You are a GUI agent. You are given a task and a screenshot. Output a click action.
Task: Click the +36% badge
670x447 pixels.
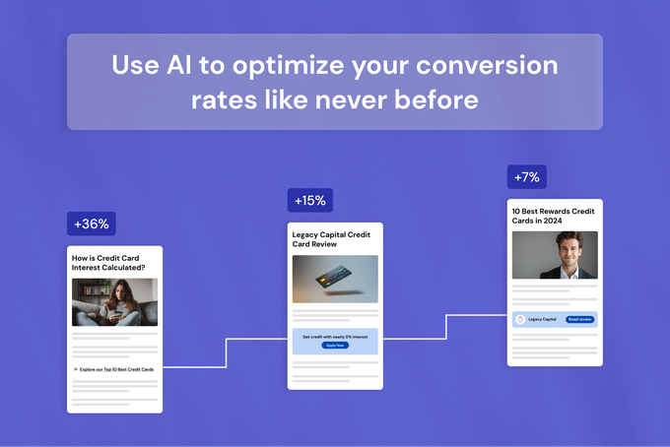coord(92,223)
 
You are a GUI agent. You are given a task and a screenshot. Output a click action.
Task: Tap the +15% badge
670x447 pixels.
coord(309,201)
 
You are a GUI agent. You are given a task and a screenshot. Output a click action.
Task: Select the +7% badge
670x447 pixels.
coord(527,177)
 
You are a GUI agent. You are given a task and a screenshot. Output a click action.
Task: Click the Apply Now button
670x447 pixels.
coord(335,346)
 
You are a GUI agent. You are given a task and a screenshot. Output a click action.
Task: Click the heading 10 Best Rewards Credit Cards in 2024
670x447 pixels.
coord(553,216)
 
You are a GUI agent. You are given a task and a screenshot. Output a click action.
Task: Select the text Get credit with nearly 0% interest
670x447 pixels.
coord(335,337)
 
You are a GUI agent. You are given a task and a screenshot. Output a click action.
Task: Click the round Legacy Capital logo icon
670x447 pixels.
coord(520,319)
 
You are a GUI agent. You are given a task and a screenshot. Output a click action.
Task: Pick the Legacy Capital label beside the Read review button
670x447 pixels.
coord(543,319)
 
